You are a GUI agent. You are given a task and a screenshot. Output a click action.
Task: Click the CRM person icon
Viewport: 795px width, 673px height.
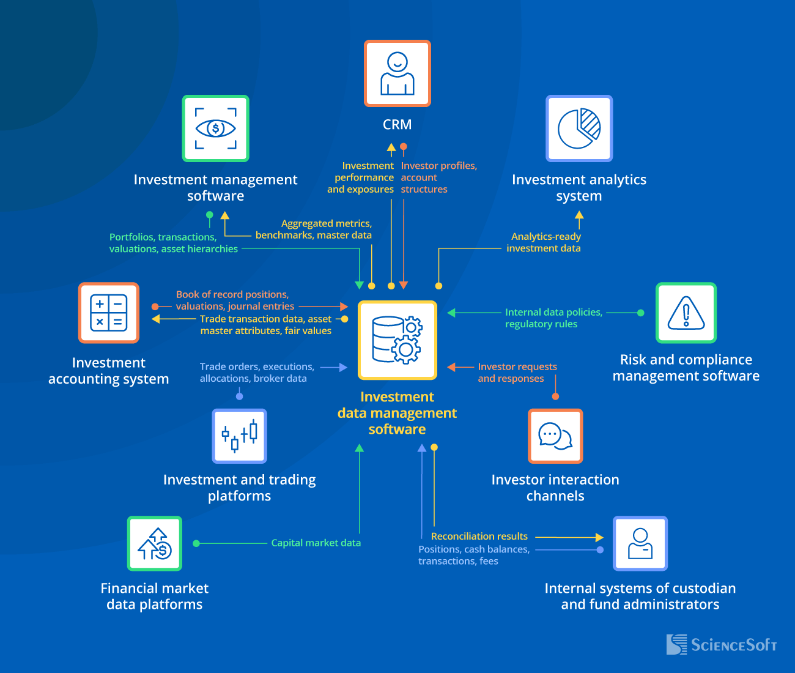pos(398,73)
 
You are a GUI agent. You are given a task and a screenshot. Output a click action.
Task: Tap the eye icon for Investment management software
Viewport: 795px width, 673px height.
pos(215,128)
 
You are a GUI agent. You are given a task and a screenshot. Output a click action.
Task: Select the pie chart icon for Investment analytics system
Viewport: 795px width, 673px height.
pos(579,128)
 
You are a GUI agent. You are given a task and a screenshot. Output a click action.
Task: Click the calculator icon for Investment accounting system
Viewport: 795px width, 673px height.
pos(109,313)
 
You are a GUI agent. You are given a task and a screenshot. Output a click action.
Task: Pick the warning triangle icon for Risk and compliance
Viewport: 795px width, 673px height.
pos(686,313)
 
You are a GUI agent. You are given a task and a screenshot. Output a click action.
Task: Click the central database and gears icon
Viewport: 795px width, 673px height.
pos(398,340)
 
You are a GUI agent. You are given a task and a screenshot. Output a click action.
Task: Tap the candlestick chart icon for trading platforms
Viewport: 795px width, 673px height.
pos(239,436)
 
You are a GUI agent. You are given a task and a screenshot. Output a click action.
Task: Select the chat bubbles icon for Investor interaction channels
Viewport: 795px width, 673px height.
pos(555,436)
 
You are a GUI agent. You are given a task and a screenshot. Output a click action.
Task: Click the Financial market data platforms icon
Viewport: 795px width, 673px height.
pos(155,543)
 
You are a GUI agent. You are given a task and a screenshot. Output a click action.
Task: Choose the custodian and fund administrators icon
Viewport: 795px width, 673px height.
pos(640,543)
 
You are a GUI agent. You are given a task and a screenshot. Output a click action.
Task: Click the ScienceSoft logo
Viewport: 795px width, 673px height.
pos(722,644)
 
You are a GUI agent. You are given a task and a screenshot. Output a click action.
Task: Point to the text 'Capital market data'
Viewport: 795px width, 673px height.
pos(316,543)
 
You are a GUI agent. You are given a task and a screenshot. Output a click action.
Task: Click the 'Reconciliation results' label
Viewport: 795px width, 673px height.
pos(479,536)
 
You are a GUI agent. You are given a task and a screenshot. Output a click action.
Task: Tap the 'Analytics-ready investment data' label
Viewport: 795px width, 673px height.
pos(545,242)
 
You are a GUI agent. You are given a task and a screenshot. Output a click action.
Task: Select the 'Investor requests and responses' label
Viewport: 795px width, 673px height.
pos(517,373)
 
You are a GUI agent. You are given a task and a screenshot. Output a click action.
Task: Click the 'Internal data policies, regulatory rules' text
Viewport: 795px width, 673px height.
pos(553,318)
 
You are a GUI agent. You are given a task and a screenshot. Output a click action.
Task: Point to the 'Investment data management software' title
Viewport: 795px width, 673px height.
pos(397,413)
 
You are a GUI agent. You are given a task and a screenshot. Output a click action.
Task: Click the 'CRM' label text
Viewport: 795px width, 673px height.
pos(397,125)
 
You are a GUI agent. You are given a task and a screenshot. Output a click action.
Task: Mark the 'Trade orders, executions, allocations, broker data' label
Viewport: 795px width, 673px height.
pos(256,373)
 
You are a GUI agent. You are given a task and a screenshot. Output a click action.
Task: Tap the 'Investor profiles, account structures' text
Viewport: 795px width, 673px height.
pos(438,177)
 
